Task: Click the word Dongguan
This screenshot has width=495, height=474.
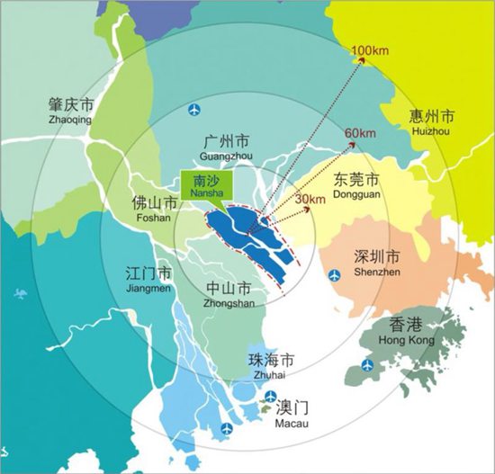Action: pyautogui.click(x=355, y=190)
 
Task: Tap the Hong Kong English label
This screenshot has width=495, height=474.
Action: pyautogui.click(x=409, y=341)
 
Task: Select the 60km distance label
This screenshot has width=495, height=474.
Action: pyautogui.click(x=360, y=134)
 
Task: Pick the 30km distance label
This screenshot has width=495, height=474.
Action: pyautogui.click(x=309, y=198)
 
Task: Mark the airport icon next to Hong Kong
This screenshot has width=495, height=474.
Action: pyautogui.click(x=367, y=364)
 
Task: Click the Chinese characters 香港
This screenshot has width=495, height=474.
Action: pyautogui.click(x=409, y=326)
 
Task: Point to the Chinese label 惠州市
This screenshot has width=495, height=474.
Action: pyautogui.click(x=431, y=116)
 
